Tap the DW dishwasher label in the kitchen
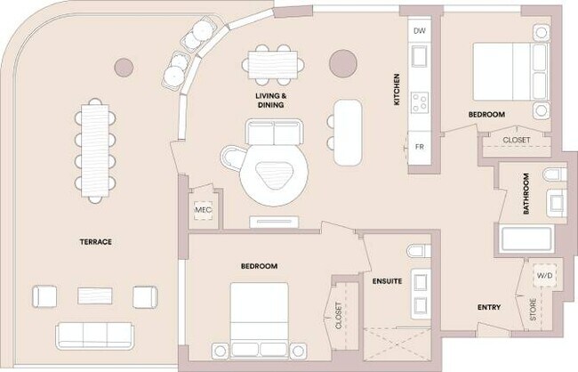pos(421,30)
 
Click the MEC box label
pos(202,211)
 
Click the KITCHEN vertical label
pos(397,89)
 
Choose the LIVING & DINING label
pos(271,101)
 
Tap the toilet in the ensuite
pos(416,254)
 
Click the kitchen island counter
pos(348,131)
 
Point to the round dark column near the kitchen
pos(342,62)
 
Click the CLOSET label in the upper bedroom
pos(516,140)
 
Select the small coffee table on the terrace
pos(94,295)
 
